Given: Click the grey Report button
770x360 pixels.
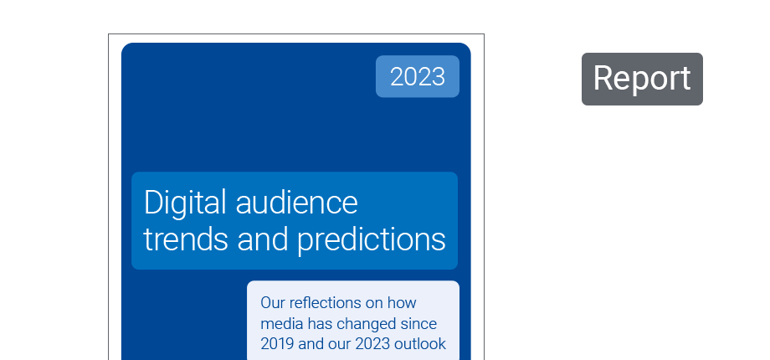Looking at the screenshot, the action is [x=642, y=79].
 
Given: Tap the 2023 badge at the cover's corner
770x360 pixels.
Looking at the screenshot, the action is [x=418, y=77].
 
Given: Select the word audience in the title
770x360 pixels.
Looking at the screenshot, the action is [x=296, y=203].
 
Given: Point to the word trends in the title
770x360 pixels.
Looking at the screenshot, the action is [x=186, y=239].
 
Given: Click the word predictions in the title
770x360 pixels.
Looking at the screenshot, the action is [x=372, y=240].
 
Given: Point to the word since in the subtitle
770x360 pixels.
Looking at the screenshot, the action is [x=418, y=324].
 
